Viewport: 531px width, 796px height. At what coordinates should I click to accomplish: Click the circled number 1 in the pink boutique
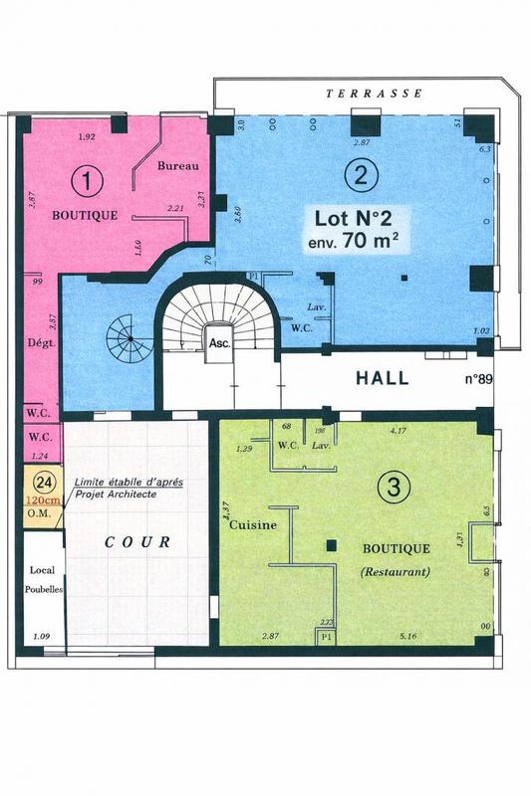coord(90,182)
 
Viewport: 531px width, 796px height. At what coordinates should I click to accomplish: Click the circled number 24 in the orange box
coord(43,480)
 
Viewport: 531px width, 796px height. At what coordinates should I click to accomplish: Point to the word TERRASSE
coord(375,93)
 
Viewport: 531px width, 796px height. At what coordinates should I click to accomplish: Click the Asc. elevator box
coord(218,340)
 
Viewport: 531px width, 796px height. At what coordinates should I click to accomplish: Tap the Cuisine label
coord(252,527)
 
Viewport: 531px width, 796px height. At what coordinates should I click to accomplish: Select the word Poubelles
coord(44,588)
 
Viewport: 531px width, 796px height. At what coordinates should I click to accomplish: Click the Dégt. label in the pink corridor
coord(39,347)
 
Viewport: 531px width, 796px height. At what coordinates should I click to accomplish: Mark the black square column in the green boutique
coord(331,544)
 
